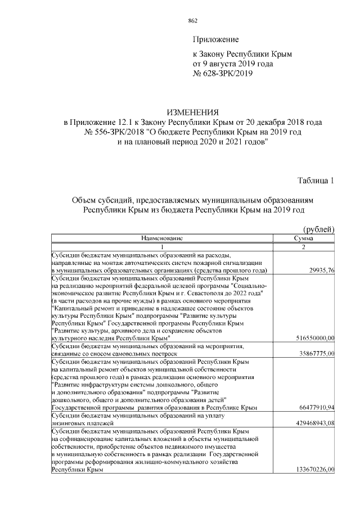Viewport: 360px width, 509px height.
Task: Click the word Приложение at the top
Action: [216, 40]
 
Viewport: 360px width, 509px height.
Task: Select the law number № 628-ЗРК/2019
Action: [223, 73]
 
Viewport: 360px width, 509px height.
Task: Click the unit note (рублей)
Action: [319, 229]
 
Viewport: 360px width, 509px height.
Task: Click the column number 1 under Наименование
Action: [163, 246]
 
